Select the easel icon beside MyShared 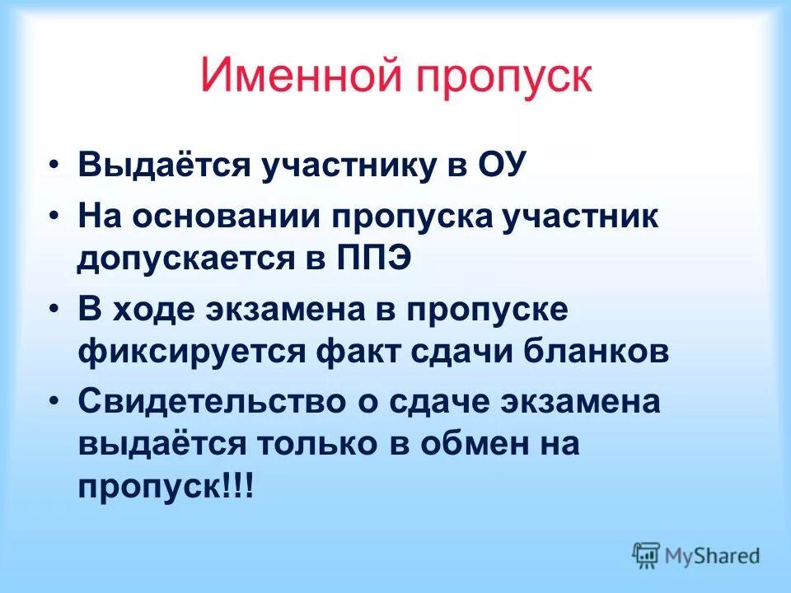[647, 555]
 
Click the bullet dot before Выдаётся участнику [54, 165]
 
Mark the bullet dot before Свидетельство [54, 404]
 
